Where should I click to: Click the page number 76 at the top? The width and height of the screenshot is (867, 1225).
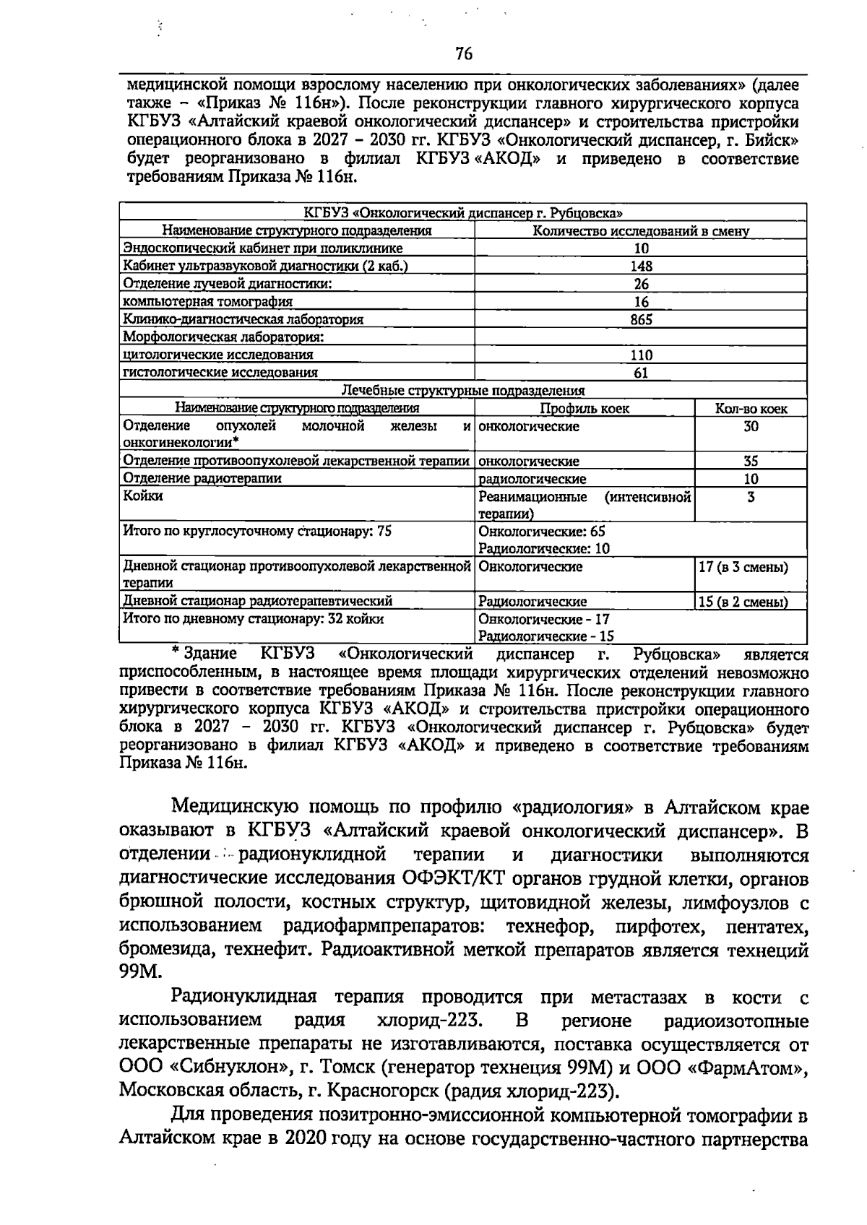point(463,53)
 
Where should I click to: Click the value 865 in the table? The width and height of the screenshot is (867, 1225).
point(641,319)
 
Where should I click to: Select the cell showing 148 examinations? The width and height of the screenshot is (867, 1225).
point(641,266)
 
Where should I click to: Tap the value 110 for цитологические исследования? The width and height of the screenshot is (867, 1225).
point(641,355)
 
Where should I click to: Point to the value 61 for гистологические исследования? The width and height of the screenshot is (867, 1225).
point(641,373)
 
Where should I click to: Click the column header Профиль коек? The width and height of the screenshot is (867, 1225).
point(585,408)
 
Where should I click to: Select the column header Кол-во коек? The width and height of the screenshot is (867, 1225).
point(751,408)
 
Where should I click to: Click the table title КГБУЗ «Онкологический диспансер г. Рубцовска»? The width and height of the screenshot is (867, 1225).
point(463,213)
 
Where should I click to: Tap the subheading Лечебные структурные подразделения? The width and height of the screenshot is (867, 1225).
point(463,391)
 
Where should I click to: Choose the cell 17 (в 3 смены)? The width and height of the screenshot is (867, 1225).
point(743,567)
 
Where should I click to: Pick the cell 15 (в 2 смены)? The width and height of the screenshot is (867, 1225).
point(743,602)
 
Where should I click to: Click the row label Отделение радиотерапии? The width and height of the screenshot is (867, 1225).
point(202,478)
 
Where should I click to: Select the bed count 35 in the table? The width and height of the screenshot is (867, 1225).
point(751,461)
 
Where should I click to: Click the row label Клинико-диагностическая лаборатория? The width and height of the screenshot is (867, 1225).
point(243,319)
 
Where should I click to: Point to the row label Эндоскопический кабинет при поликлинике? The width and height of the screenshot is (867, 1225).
point(263,248)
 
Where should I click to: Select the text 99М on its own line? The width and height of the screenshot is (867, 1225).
point(137,972)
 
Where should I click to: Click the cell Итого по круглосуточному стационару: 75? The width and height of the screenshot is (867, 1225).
point(257,532)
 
